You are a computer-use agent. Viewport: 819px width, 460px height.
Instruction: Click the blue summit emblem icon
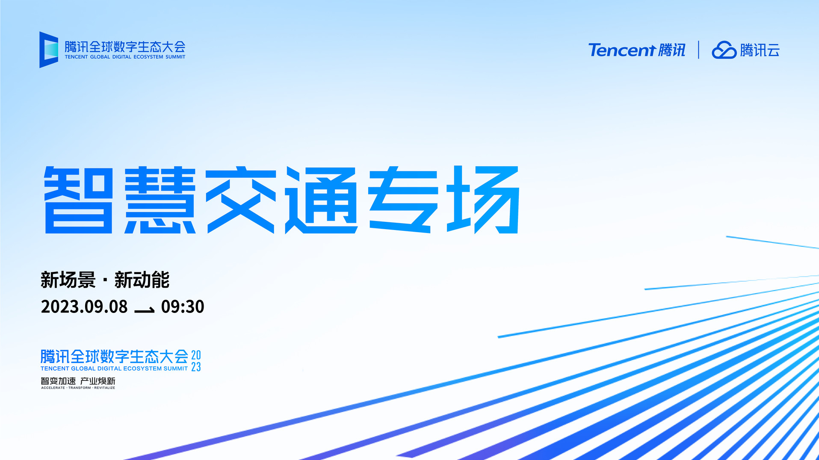coord(49,50)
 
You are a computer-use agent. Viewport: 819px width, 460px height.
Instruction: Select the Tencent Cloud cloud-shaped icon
coord(724,50)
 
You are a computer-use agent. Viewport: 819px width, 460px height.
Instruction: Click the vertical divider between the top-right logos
coord(698,50)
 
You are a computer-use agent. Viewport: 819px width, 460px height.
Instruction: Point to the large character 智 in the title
coord(79,200)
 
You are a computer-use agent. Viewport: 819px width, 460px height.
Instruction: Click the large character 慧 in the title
coord(160,200)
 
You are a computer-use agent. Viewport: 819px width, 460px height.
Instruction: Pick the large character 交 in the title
coord(241,200)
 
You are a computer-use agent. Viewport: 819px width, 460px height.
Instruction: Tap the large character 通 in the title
coord(322,200)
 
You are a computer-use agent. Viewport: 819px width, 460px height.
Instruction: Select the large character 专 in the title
coord(403,200)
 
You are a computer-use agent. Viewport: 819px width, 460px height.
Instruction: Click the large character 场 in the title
coord(483,200)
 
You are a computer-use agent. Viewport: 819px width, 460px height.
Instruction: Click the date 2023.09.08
coord(84,307)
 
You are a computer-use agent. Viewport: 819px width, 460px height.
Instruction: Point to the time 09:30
coord(183,307)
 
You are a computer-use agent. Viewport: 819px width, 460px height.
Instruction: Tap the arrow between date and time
coord(145,310)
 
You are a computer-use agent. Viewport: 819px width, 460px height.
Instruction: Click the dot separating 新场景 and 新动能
coord(105,281)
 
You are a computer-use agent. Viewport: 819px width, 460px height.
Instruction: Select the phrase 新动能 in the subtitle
coord(142,280)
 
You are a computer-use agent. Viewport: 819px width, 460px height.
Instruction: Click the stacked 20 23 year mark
coord(196,361)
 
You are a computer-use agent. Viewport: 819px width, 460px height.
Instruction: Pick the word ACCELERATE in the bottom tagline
coord(53,388)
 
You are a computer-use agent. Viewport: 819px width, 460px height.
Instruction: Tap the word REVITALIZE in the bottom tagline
coord(105,388)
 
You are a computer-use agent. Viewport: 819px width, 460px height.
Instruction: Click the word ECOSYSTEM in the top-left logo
coord(148,57)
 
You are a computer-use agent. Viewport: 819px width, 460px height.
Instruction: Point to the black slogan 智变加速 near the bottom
coord(58,381)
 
